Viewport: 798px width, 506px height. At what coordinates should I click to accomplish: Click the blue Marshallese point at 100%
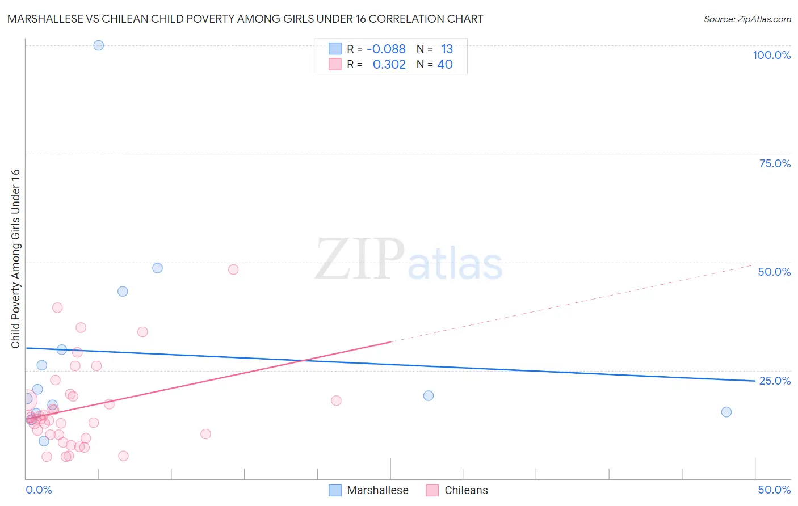coord(99,45)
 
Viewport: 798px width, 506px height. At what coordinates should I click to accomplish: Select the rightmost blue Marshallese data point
coord(726,412)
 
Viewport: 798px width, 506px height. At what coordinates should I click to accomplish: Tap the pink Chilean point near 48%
coord(233,269)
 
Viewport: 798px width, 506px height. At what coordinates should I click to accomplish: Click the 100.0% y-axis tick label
coord(771,55)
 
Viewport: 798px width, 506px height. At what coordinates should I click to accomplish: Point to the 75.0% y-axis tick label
coord(775,163)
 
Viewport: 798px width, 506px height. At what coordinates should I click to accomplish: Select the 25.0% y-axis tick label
coord(775,381)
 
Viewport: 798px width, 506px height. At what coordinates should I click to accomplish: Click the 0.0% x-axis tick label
coord(39,490)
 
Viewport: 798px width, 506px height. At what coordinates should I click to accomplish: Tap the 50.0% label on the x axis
coord(774,490)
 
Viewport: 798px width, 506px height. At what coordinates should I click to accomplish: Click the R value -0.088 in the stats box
coord(386,49)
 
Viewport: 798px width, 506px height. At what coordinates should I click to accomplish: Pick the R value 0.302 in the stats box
coord(389,65)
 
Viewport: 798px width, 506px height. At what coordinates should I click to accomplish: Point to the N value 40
coord(445,65)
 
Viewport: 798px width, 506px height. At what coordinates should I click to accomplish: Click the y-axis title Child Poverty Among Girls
coord(15,259)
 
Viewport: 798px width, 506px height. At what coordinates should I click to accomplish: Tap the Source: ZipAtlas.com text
coord(747,19)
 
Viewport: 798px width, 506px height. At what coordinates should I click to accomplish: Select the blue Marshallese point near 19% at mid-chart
coord(429,395)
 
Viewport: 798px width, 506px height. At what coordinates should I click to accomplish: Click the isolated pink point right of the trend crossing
coord(336,400)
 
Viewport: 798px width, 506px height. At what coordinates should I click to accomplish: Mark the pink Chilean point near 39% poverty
coord(57,307)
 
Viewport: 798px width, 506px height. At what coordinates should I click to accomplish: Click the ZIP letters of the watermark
coord(360,259)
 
